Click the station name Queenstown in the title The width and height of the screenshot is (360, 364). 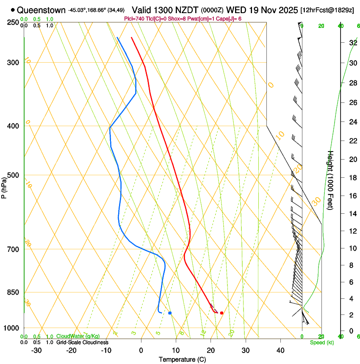pyautogui.click(x=41, y=10)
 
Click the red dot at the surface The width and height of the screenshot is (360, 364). pyautogui.click(x=222, y=313)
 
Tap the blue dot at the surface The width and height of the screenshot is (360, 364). pyautogui.click(x=170, y=313)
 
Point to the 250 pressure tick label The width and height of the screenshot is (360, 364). pyautogui.click(x=13, y=22)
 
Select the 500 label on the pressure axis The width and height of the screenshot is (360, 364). pyautogui.click(x=13, y=175)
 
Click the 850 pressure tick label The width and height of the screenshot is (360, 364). pyautogui.click(x=13, y=292)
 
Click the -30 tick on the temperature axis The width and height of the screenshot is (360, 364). pyautogui.click(x=36, y=350)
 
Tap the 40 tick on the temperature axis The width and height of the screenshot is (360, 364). pyautogui.click(x=280, y=350)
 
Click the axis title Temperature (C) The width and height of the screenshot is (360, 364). pyautogui.click(x=183, y=360)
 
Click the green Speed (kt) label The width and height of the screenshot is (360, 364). pyautogui.click(x=321, y=342)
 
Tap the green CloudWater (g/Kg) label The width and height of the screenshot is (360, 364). pyautogui.click(x=78, y=336)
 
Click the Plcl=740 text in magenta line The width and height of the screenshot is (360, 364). pyautogui.click(x=133, y=19)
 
